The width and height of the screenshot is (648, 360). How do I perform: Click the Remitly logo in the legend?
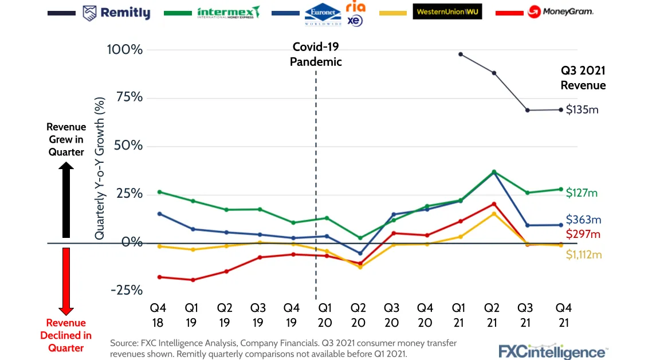[x=116, y=13]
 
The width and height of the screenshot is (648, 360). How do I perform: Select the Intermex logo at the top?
[x=228, y=12]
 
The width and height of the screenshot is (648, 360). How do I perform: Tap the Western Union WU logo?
[x=447, y=11]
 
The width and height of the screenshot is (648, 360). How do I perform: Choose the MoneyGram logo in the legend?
[x=560, y=11]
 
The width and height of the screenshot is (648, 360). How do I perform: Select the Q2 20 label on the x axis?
[x=359, y=315]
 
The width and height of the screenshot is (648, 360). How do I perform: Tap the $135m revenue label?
[x=582, y=109]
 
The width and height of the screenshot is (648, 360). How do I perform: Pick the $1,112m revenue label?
[x=584, y=255]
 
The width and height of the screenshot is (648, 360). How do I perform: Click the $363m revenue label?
[x=583, y=220]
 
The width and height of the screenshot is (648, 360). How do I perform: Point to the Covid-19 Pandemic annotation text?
[x=316, y=54]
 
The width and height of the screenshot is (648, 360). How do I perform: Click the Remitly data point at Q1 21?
[x=460, y=54]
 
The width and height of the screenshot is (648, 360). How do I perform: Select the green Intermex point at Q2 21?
[x=494, y=172]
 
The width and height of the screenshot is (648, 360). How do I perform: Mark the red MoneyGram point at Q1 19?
[x=193, y=280]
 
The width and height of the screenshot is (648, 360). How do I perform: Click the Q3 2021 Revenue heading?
[x=583, y=78]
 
